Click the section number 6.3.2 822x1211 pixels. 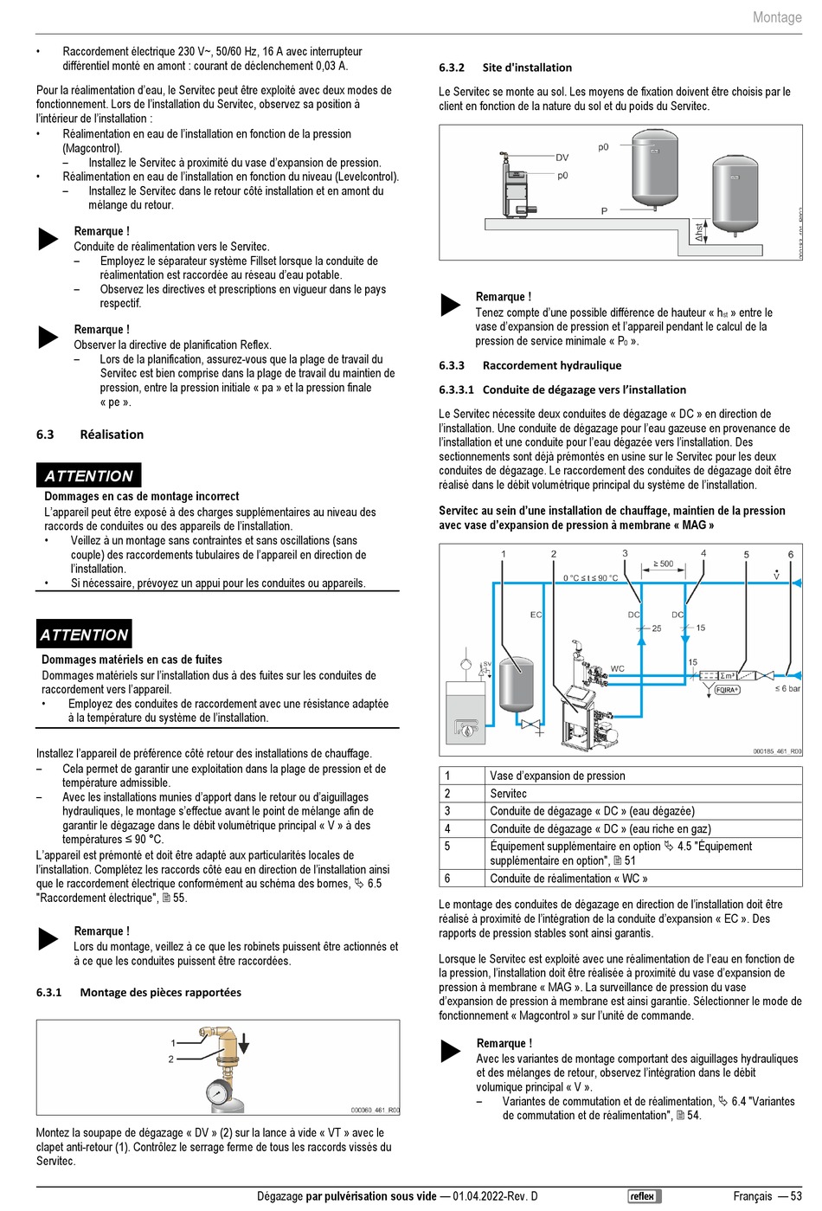(452, 68)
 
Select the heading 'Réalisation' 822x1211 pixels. (112, 435)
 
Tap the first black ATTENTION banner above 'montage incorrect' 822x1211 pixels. (88, 476)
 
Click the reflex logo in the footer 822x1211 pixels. (644, 1196)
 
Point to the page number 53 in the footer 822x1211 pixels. (796, 1196)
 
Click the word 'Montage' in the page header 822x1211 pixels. (777, 17)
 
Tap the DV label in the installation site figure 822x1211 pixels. (562, 158)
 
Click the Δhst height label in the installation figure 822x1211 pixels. (699, 232)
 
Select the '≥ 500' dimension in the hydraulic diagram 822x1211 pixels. (663, 564)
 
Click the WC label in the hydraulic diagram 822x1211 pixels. (617, 668)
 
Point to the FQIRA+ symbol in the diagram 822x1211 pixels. (727, 690)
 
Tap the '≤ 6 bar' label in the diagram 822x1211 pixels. (787, 689)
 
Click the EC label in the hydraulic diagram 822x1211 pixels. (536, 615)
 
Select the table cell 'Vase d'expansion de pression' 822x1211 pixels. (557, 776)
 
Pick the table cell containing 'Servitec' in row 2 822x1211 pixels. (508, 793)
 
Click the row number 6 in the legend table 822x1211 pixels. (447, 878)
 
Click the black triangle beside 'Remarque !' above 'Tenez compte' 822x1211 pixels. (451, 305)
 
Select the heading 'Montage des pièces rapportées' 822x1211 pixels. (160, 992)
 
